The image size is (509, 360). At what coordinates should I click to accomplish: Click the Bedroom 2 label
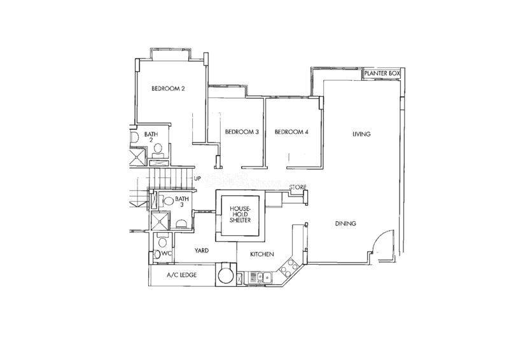coord(168,89)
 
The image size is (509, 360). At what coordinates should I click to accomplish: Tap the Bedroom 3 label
coord(241,132)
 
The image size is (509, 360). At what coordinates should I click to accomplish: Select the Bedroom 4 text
coord(291,132)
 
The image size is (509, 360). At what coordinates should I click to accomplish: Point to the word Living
coord(361,134)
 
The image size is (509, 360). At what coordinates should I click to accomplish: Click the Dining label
coord(345,224)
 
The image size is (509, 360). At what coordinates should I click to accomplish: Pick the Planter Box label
coord(381,74)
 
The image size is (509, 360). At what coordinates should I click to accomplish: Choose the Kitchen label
coord(261,254)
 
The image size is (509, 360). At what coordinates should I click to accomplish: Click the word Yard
coord(203,251)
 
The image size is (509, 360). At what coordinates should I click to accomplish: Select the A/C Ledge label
coord(181,275)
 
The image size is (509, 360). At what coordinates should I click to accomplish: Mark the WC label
coord(167,254)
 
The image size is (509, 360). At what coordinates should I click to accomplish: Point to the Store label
coord(298,188)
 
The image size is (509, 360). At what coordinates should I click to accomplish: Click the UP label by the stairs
coord(197,179)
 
